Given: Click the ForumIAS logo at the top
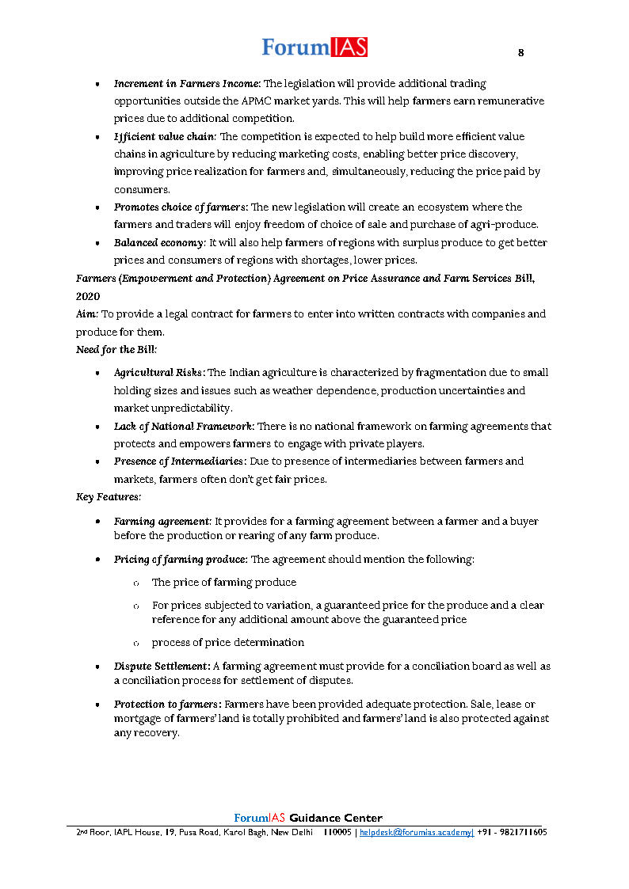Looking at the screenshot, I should click(314, 47).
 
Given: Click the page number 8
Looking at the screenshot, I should click(520, 53).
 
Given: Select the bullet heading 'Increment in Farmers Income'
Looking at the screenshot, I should click(187, 83).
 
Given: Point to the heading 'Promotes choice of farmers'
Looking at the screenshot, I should click(181, 207).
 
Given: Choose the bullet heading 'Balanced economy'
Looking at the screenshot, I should click(159, 242).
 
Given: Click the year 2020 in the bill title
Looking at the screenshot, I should click(88, 295).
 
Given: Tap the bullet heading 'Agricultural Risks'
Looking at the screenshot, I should click(159, 373).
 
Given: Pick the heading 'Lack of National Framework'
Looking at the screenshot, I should click(183, 426).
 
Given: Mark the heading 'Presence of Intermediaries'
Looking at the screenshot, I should click(180, 462).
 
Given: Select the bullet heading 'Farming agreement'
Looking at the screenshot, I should click(162, 522).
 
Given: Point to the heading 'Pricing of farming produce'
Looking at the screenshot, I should click(181, 560).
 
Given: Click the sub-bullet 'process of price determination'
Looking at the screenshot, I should click(227, 642).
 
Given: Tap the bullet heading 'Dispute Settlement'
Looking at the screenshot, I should click(162, 667).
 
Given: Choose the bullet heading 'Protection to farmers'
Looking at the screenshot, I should click(167, 704).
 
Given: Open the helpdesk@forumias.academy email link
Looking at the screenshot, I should click(417, 833).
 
